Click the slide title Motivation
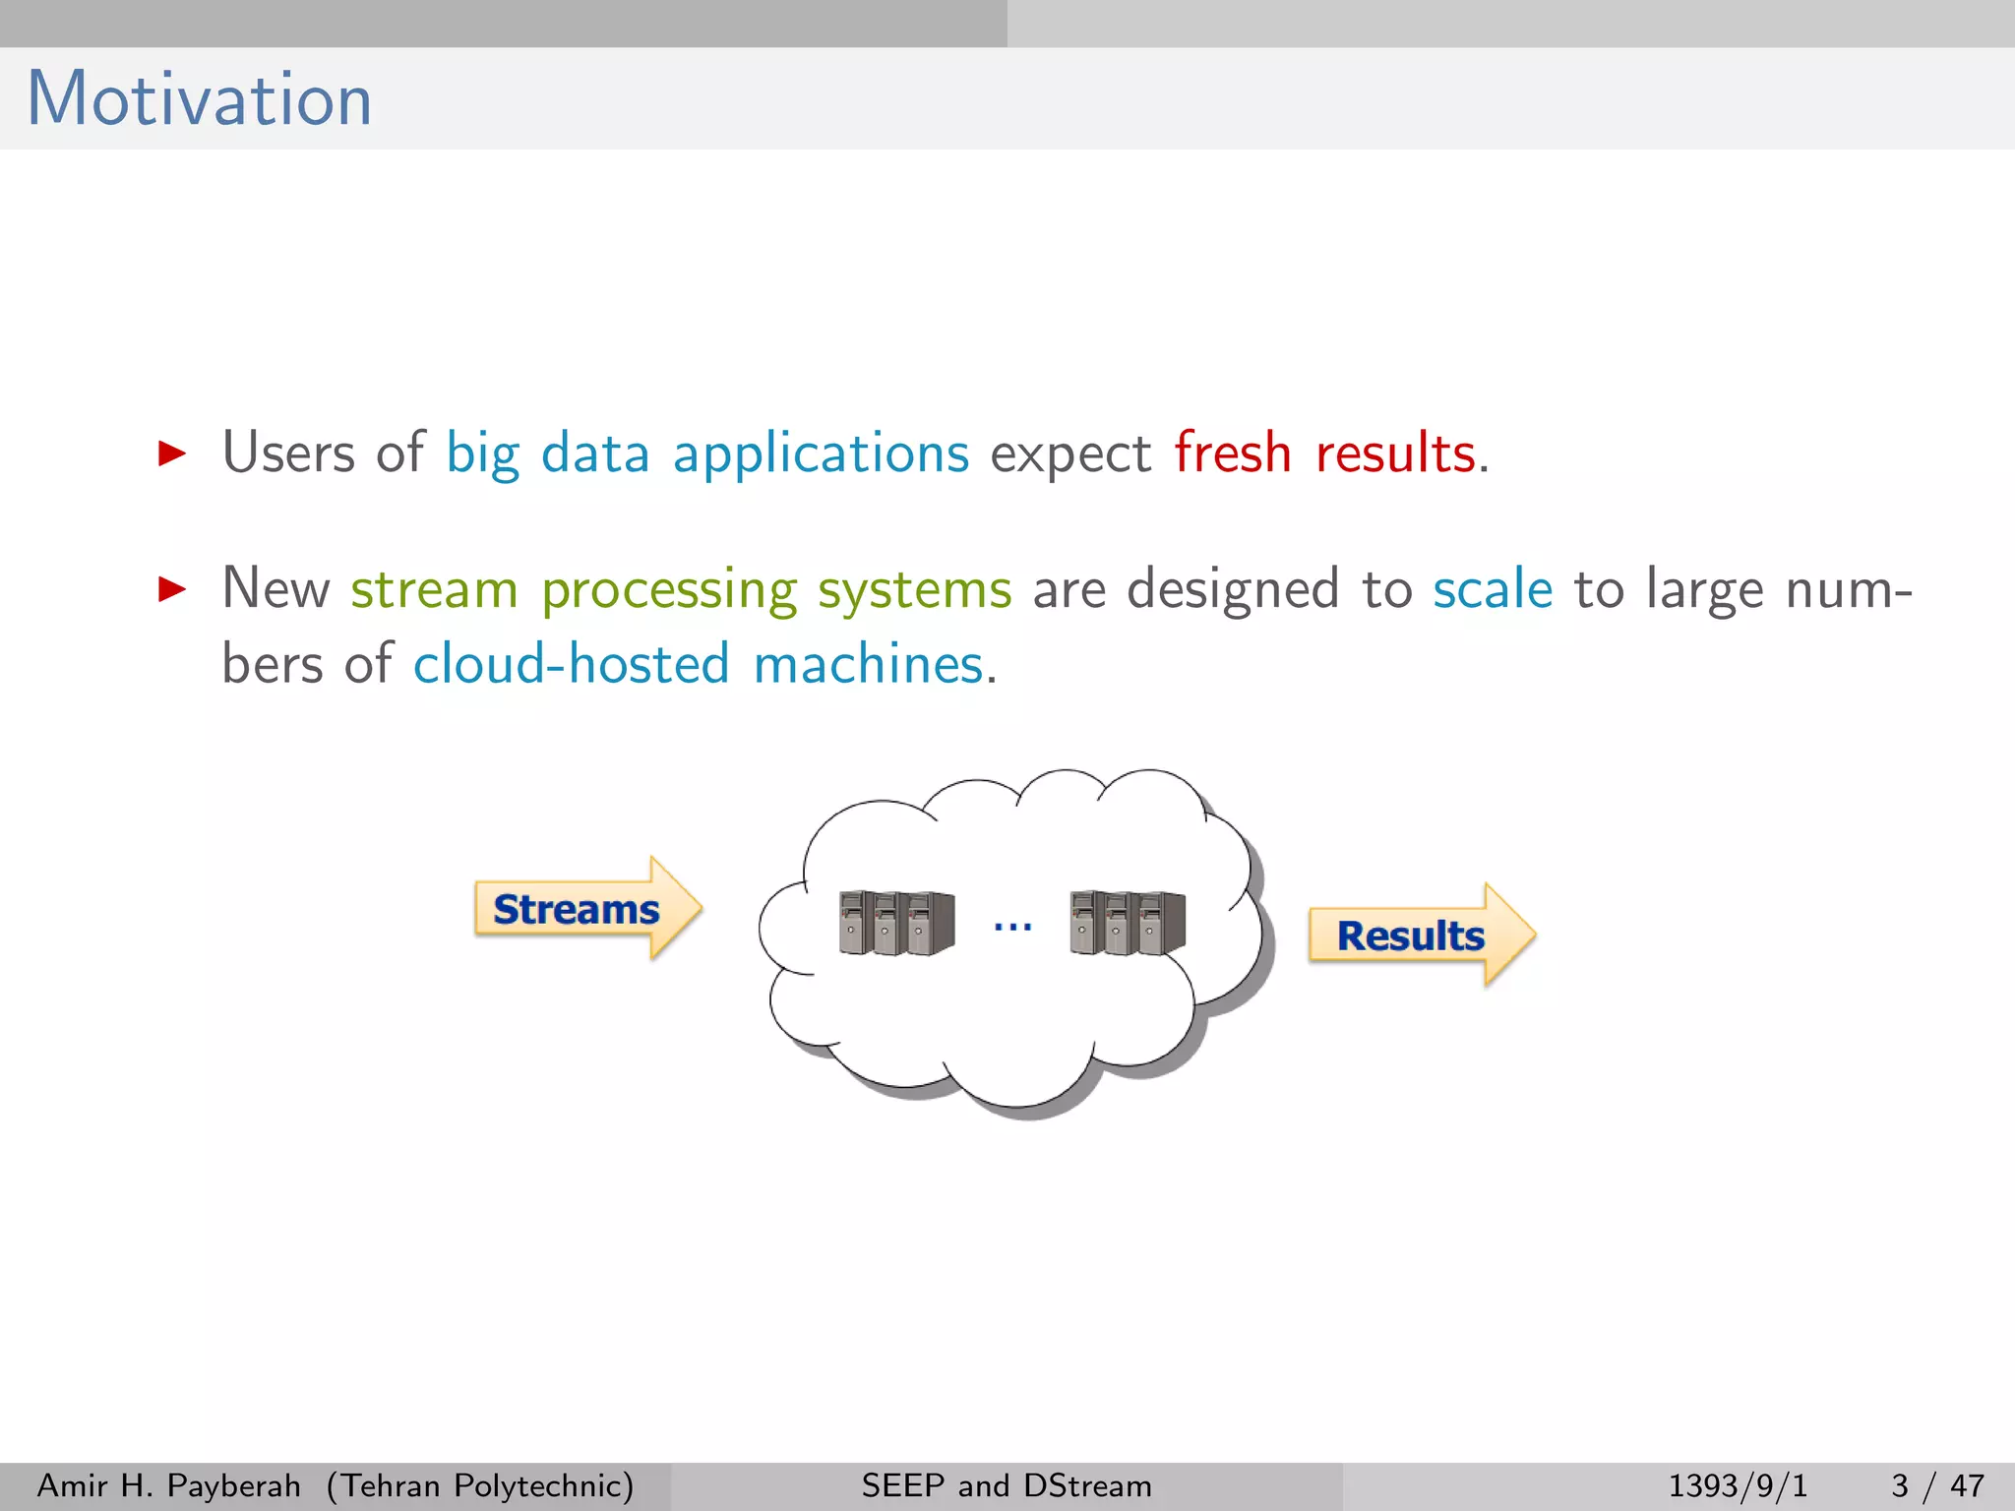click(200, 99)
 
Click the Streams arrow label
click(577, 910)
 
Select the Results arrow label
click(1411, 936)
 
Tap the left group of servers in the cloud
click(896, 923)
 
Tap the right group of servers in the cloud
click(1128, 923)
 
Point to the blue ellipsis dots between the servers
click(1012, 927)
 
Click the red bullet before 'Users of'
click(172, 453)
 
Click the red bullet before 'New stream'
click(172, 589)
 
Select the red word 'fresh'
click(1232, 453)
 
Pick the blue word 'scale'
click(1492, 589)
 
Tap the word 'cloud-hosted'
click(571, 664)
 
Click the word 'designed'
click(1233, 589)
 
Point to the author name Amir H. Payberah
click(168, 1485)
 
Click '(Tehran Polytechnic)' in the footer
click(480, 1485)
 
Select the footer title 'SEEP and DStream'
click(1007, 1485)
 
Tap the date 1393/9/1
click(1738, 1485)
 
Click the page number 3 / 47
click(1936, 1485)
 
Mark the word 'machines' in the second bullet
click(868, 664)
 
